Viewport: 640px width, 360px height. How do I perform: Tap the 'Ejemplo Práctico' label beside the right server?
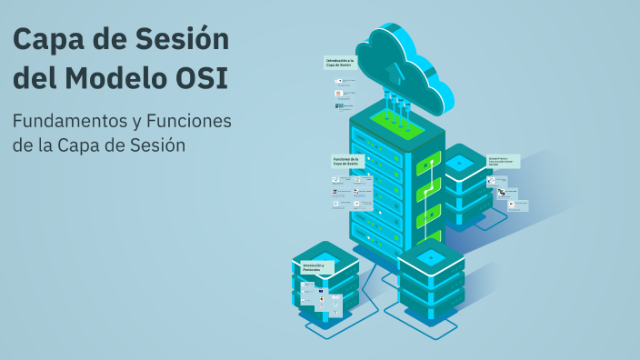click(x=505, y=161)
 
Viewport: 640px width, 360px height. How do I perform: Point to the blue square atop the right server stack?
click(x=460, y=161)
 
